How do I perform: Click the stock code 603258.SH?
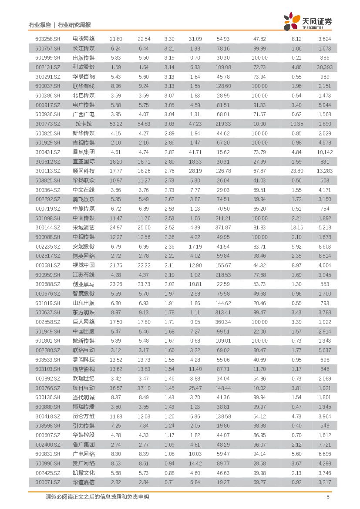[48, 39]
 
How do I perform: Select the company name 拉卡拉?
[84, 124]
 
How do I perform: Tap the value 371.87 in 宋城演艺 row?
[223, 228]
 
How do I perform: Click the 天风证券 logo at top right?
[308, 21]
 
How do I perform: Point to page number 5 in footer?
[328, 497]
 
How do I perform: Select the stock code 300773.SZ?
[48, 124]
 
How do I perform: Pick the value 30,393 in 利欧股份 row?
[324, 67]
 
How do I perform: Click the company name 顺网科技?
[84, 171]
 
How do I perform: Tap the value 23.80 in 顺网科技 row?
[296, 171]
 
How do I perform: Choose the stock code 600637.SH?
[48, 313]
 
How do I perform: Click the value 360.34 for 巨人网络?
[223, 322]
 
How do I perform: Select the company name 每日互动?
[84, 388]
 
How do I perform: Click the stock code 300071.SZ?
[48, 482]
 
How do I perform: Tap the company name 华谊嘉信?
[84, 482]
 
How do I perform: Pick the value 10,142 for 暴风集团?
[324, 152]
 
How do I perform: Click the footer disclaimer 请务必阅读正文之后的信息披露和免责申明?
[97, 497]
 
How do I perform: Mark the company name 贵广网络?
[84, 464]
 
